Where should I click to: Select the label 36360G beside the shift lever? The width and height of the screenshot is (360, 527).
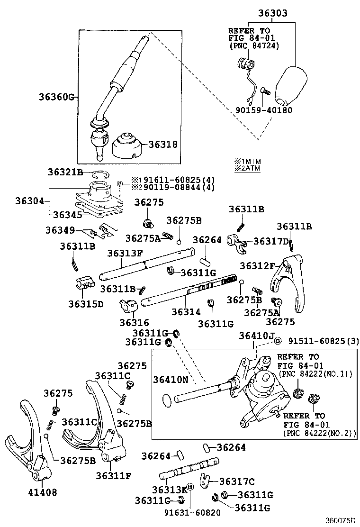point(57,98)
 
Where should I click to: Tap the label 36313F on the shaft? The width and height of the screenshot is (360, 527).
point(125,254)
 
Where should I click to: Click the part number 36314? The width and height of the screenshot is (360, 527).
point(186,312)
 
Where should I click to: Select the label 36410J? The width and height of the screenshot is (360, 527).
point(256,336)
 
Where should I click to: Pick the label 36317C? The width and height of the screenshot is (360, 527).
point(236,482)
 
